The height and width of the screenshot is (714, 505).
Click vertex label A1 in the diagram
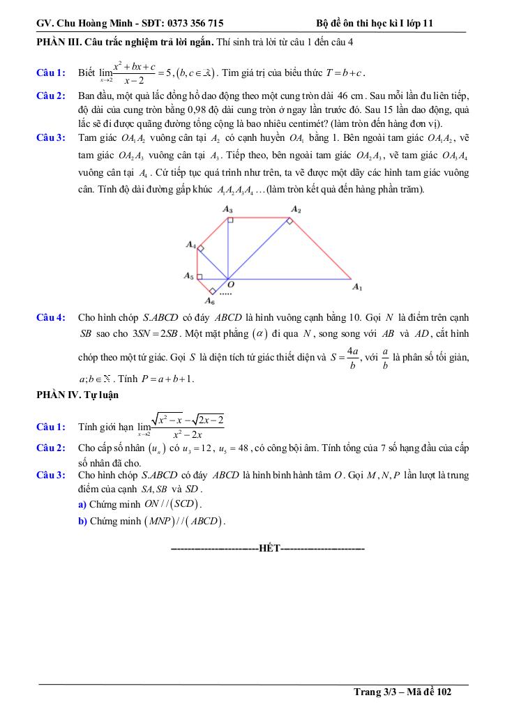click(357, 287)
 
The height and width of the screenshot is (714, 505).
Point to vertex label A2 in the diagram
click(296, 209)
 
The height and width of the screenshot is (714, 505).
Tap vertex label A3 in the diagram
click(227, 209)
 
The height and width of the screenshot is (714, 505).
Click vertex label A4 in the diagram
click(190, 245)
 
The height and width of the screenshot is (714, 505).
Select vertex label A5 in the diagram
click(188, 277)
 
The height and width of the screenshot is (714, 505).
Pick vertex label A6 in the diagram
click(209, 301)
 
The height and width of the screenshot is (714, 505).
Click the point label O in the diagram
click(231, 285)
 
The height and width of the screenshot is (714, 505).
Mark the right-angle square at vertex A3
click(230, 220)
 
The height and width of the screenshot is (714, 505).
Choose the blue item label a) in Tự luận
click(83, 503)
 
